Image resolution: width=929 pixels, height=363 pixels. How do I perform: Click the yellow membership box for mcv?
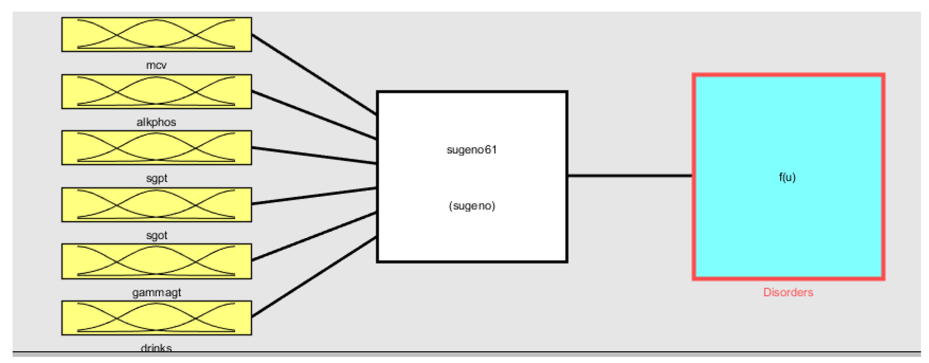(x=156, y=34)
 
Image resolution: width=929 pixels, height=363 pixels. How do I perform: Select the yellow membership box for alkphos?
(x=156, y=91)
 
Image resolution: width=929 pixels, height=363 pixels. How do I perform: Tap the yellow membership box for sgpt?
(x=156, y=148)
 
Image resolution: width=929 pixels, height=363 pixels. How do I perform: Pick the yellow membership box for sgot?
(x=156, y=205)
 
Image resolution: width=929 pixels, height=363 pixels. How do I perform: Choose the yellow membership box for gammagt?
(x=156, y=261)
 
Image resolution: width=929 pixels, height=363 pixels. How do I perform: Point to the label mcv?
(x=156, y=65)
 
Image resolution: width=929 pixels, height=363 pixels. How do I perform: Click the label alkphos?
(x=156, y=122)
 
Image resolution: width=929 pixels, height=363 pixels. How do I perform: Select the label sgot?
(x=156, y=236)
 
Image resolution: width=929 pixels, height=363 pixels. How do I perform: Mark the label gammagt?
(x=156, y=293)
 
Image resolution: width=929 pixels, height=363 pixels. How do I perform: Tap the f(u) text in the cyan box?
(x=787, y=177)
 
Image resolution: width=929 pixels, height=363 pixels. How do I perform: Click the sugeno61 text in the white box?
(x=472, y=150)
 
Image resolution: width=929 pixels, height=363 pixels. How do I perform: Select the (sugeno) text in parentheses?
(x=472, y=206)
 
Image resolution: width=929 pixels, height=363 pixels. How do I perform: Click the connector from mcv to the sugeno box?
(x=314, y=74)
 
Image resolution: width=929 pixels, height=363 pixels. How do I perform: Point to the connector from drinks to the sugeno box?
(x=314, y=277)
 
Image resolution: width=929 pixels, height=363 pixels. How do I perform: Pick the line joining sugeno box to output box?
(x=630, y=176)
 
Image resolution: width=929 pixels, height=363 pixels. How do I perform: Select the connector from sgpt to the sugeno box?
(x=314, y=156)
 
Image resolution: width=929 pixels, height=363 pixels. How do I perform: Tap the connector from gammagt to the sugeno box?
(x=314, y=236)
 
